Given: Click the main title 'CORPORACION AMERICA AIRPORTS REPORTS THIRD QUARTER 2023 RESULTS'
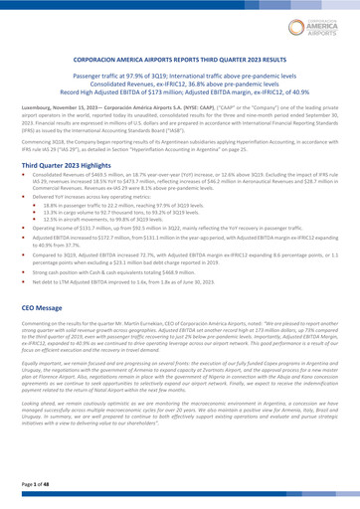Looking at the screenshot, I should click(x=180, y=60).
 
